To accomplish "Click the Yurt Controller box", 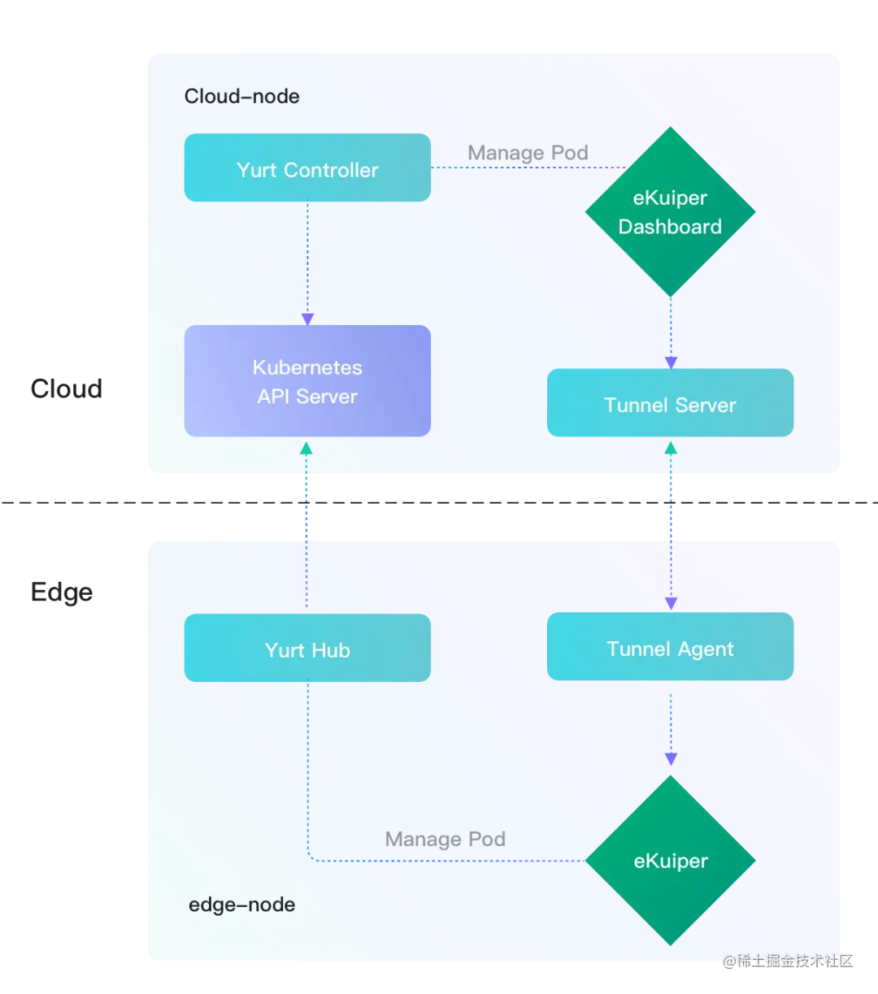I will (307, 168).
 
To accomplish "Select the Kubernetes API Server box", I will (307, 381).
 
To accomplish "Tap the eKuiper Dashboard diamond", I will (670, 212).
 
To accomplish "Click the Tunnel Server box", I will (670, 403).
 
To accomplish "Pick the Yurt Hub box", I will (307, 649).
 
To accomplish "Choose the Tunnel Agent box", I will (670, 647).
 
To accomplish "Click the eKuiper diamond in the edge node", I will (670, 861).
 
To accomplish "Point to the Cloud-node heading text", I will (241, 97).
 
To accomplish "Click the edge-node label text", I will (241, 905).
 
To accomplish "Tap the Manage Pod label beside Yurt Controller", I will (528, 153).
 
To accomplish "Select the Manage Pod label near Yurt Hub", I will (445, 839).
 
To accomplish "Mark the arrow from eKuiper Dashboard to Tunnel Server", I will (670, 333).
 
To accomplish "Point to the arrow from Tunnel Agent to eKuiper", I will (670, 727).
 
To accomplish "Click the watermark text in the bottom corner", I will (786, 960).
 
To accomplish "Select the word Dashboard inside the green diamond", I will (670, 227).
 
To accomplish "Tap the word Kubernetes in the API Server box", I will (307, 367).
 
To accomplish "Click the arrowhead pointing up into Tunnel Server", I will (670, 446).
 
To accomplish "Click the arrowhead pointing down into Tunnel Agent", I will (670, 603).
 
